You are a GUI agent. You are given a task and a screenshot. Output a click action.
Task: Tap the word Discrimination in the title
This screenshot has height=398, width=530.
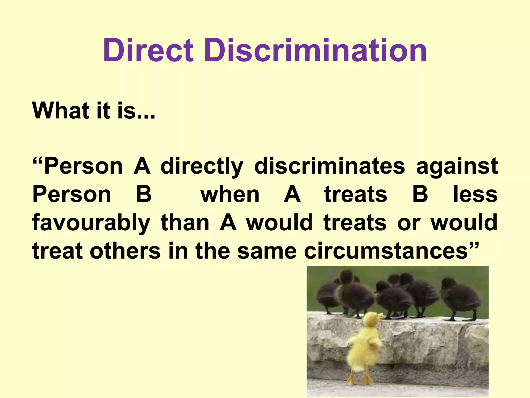pos(315,50)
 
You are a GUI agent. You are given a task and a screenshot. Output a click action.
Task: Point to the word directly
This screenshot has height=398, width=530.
pos(202,166)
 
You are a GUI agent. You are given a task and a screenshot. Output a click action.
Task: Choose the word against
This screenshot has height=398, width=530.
pos(457,166)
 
